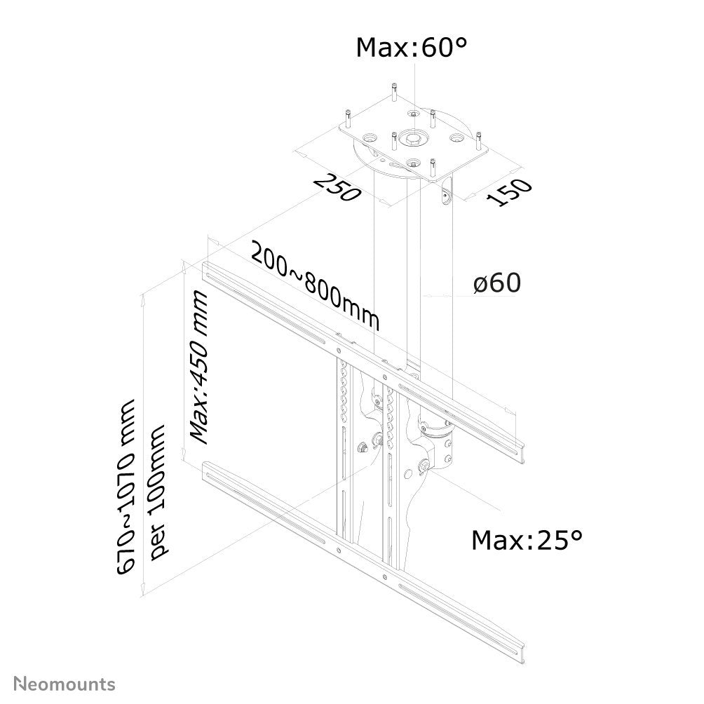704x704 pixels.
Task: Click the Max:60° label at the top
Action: pyautogui.click(x=412, y=48)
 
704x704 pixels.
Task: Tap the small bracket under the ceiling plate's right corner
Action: pyautogui.click(x=447, y=197)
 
